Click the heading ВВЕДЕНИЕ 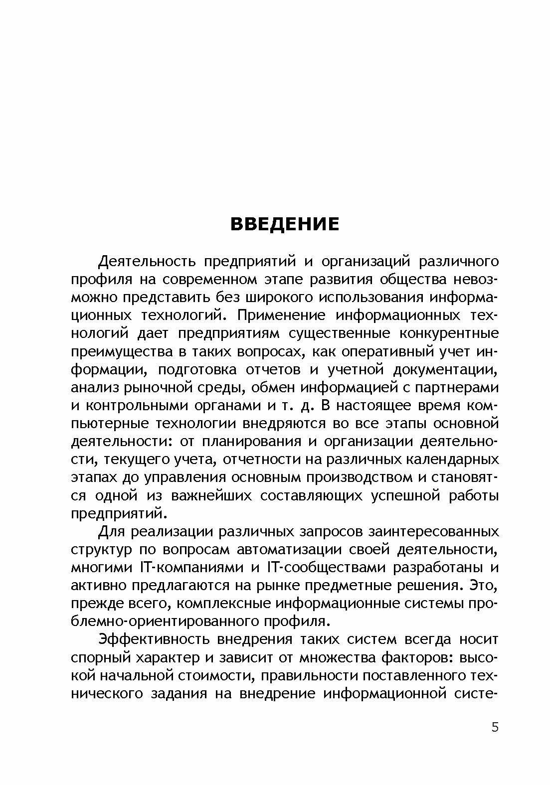284,224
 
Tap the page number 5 495,727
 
